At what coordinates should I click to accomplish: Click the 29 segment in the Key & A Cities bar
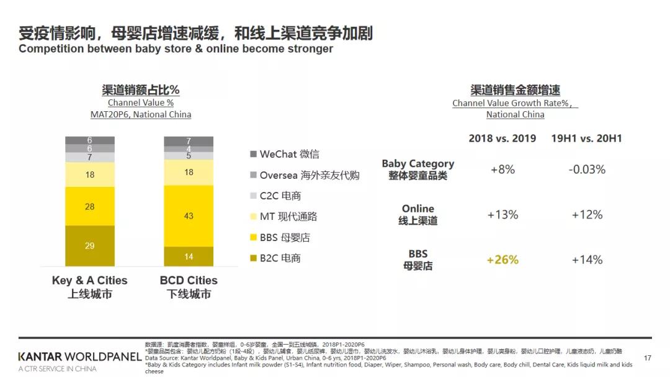pos(90,246)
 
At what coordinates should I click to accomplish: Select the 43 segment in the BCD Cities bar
pos(189,216)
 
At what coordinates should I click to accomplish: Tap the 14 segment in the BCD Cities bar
pos(189,257)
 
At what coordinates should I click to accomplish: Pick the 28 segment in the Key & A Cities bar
pos(90,206)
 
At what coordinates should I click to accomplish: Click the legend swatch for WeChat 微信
pos(253,154)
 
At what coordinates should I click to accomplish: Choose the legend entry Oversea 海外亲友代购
pos(309,175)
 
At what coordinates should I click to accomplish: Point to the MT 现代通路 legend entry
pos(288,216)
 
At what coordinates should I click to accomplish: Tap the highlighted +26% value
pos(502,260)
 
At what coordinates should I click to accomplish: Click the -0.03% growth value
pos(586,169)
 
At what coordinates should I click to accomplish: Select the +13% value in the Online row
pos(502,214)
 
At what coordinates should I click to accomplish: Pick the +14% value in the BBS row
pos(586,260)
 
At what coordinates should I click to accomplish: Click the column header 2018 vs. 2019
pos(502,138)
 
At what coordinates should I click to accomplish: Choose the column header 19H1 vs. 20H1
pos(586,138)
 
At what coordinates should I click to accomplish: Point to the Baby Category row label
pos(418,169)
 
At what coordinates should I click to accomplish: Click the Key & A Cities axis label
pos(90,287)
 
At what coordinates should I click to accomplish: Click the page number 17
pos(648,358)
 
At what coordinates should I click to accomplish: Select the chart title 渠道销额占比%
pos(141,90)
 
